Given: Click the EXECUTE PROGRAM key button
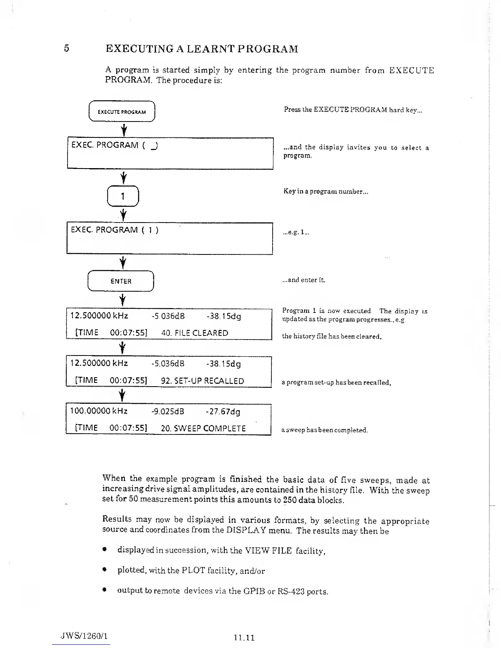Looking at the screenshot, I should [122, 111].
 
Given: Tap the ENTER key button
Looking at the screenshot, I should [121, 281].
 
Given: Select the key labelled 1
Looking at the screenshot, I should [123, 197].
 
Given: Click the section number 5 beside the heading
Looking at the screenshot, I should [67, 49].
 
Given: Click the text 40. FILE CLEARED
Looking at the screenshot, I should [195, 333].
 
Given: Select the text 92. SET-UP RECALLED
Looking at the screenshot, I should [202, 381].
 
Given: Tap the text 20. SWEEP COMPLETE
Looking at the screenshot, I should [203, 428].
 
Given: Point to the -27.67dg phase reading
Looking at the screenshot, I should [223, 411].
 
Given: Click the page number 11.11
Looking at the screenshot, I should [244, 637].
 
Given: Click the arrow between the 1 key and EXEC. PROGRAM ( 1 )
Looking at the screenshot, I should [123, 214].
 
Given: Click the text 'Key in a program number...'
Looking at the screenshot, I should [325, 191].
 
